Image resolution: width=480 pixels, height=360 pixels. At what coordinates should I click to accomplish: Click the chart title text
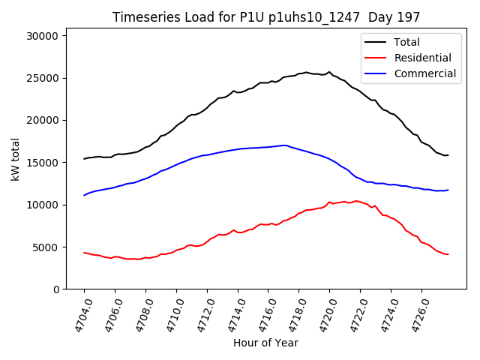(x=266, y=16)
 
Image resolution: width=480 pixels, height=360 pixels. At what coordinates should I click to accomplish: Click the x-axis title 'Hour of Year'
(x=266, y=343)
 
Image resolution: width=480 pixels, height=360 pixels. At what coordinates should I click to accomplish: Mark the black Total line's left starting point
(x=84, y=159)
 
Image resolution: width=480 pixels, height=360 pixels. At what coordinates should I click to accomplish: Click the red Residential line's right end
(x=448, y=254)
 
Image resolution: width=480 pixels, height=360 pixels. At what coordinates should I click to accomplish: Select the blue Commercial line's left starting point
(x=84, y=195)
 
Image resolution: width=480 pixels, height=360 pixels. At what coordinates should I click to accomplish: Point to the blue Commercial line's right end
(x=448, y=190)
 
